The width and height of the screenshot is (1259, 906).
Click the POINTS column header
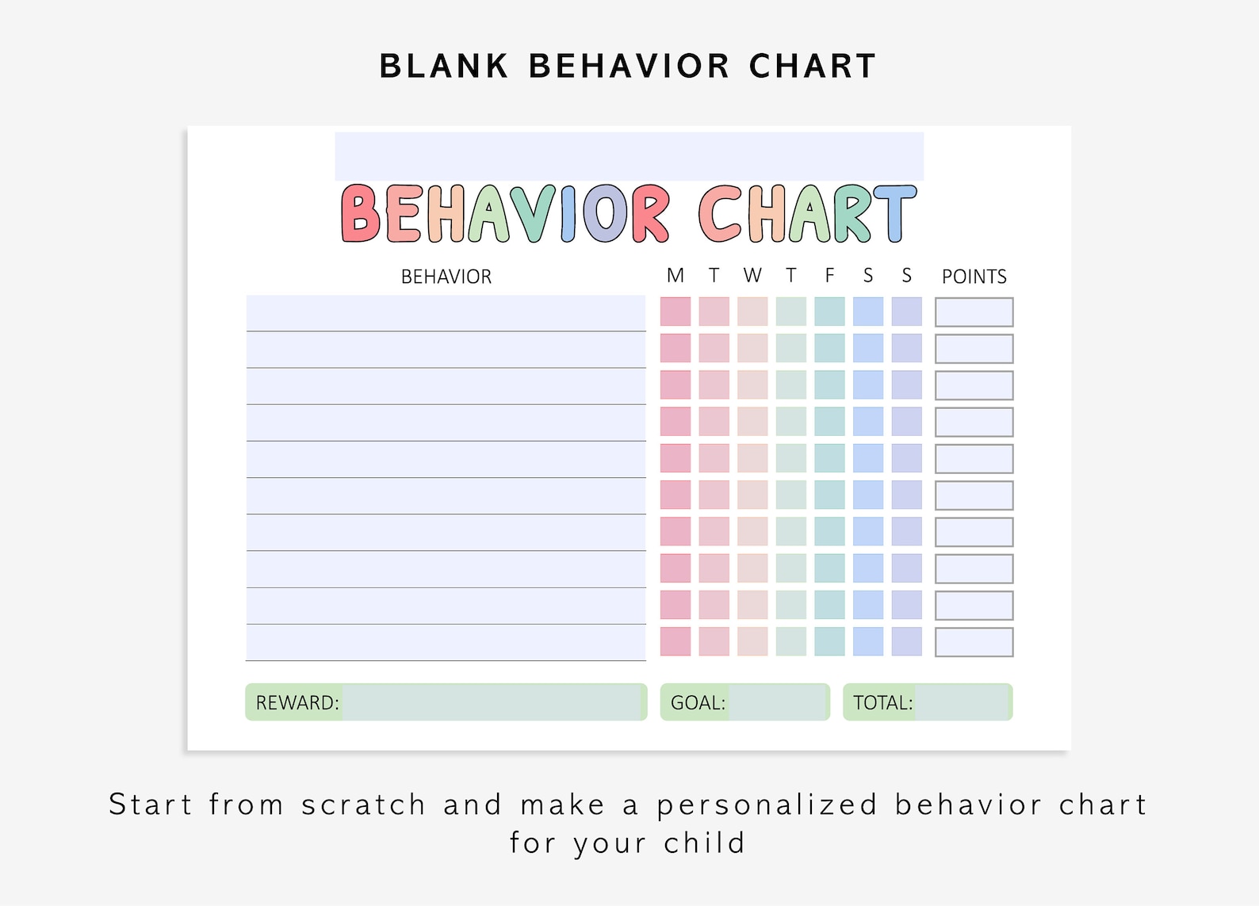(974, 277)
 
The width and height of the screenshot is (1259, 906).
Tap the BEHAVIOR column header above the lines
(446, 277)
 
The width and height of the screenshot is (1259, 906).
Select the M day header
(675, 276)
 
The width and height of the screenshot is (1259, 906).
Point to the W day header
(752, 276)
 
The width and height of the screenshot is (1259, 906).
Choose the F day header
(829, 276)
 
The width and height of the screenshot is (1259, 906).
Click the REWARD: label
(297, 703)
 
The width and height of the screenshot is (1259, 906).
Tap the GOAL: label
(698, 703)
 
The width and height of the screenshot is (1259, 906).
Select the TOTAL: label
(882, 703)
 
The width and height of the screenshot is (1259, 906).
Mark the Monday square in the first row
(675, 312)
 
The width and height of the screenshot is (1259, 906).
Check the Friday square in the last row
(829, 641)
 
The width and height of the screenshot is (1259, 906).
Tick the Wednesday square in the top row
(752, 312)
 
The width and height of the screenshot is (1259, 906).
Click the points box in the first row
(974, 312)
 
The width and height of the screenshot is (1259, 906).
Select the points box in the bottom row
(974, 642)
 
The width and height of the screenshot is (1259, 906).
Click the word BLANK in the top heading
(444, 67)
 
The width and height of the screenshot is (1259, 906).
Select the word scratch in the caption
(363, 805)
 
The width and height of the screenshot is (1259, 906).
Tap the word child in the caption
(705, 843)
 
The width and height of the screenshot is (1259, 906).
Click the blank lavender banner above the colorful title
(629, 156)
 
